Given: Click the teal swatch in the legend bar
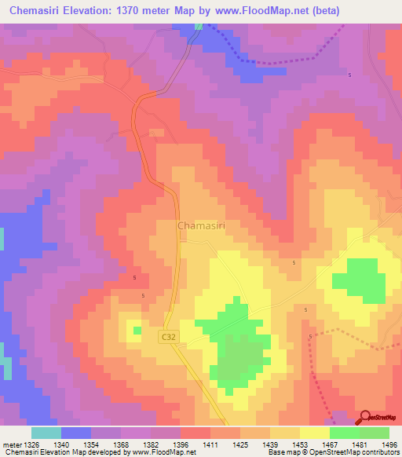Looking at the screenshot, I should point(46,433).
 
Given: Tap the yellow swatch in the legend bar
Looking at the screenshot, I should point(314,433).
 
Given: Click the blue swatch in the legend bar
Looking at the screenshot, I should point(76,433).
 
